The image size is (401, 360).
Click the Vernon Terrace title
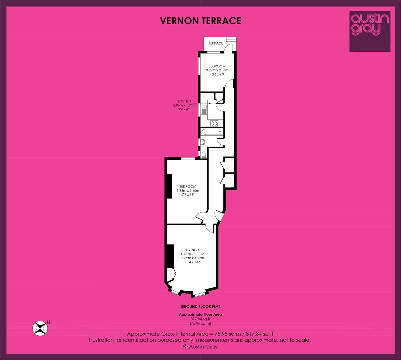pos(201,21)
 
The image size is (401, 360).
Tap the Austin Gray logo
pos(370,31)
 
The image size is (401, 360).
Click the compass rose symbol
pos(40,328)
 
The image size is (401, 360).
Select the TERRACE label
pos(216,43)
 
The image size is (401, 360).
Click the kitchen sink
pos(204,110)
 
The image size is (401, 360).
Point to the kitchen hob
pos(214,123)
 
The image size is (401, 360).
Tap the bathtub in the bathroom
pos(211,132)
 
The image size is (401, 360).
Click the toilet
pos(204,155)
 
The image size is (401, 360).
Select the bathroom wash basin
pos(202,142)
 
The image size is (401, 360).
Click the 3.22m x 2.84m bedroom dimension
pos(217,70)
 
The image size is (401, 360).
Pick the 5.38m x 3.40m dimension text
pos(188,191)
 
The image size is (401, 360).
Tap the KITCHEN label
pos(184,101)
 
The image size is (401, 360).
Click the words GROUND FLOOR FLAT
pos(200,307)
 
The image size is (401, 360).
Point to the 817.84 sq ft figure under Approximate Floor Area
pos(200,319)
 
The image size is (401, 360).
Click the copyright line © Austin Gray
pos(200,347)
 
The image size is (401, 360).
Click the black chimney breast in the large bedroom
pos(169,186)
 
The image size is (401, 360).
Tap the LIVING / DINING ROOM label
pos(193,252)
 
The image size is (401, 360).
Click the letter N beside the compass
pos(48,322)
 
